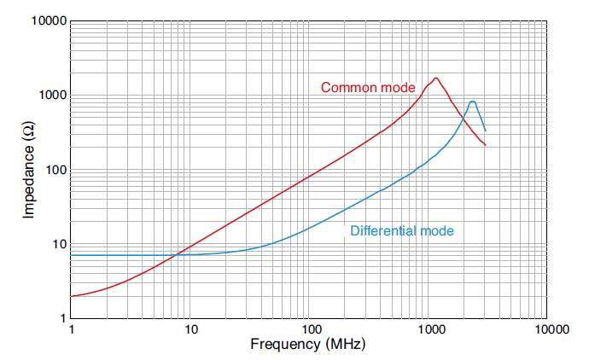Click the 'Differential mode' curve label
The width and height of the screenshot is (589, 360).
pyautogui.click(x=401, y=230)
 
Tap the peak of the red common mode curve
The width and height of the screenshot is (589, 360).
pyautogui.click(x=436, y=78)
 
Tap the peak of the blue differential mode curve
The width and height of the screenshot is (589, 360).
pyautogui.click(x=472, y=102)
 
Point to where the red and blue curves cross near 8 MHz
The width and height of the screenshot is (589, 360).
pyautogui.click(x=176, y=254)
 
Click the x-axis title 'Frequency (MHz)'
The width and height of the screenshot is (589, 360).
pyautogui.click(x=307, y=345)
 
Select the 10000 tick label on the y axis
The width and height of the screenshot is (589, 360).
pyautogui.click(x=49, y=21)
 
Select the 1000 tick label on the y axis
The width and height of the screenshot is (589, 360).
pyautogui.click(x=52, y=96)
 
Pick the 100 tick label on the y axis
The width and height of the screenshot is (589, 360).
pyautogui.click(x=55, y=170)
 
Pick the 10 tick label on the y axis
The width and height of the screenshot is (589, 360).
pyautogui.click(x=59, y=244)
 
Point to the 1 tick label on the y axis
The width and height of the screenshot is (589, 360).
pyautogui.click(x=62, y=318)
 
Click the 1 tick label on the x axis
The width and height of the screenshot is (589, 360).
pyautogui.click(x=71, y=329)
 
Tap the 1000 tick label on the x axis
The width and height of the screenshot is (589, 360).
pyautogui.click(x=428, y=329)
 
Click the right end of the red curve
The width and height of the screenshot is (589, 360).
pyautogui.click(x=485, y=145)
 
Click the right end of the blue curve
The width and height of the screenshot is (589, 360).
pyautogui.click(x=485, y=131)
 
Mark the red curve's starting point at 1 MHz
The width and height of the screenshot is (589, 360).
pyautogui.click(x=71, y=296)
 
